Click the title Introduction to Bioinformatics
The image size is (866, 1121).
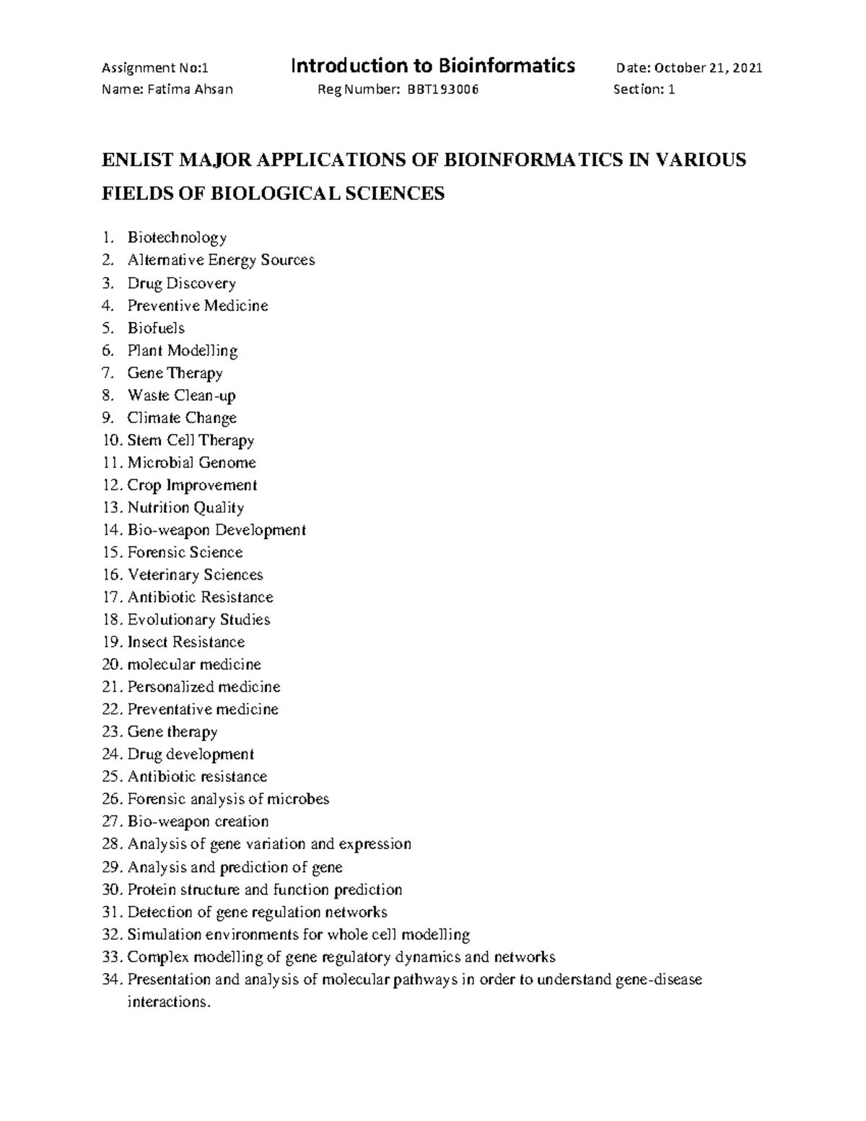[x=432, y=66]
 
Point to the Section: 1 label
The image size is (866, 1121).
[x=644, y=90]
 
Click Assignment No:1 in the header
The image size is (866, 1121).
[x=155, y=69]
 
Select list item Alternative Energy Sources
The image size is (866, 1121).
[x=221, y=260]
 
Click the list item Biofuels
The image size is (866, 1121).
[x=156, y=328]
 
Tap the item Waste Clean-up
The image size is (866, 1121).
[x=181, y=395]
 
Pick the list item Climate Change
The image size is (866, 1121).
[x=182, y=418]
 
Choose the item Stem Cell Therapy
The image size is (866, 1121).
[x=191, y=440]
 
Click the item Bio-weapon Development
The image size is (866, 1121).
[x=216, y=530]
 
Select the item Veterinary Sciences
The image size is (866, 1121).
[x=195, y=575]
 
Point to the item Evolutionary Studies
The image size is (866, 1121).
[x=198, y=619]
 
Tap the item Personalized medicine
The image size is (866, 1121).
[x=204, y=686]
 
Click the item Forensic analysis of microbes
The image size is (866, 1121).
[x=228, y=799]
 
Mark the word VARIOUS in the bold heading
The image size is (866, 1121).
[x=700, y=160]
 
